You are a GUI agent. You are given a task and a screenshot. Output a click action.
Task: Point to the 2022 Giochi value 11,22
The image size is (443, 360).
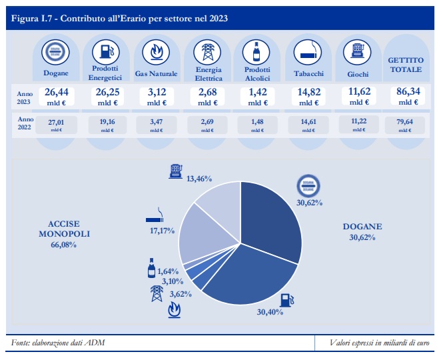357,122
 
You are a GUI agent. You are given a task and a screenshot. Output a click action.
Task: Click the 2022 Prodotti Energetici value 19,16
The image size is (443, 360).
107,122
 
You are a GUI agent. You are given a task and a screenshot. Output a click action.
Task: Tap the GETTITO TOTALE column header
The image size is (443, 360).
405,65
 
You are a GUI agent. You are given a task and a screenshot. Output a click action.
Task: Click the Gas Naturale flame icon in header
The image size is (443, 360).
155,51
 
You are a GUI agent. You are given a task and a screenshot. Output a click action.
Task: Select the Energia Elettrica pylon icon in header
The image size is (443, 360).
207,51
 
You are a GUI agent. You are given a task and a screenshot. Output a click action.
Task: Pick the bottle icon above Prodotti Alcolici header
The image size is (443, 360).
256,51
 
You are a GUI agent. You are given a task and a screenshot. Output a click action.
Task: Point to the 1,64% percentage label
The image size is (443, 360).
170,271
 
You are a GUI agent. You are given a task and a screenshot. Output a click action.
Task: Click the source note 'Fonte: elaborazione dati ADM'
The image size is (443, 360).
58,343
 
